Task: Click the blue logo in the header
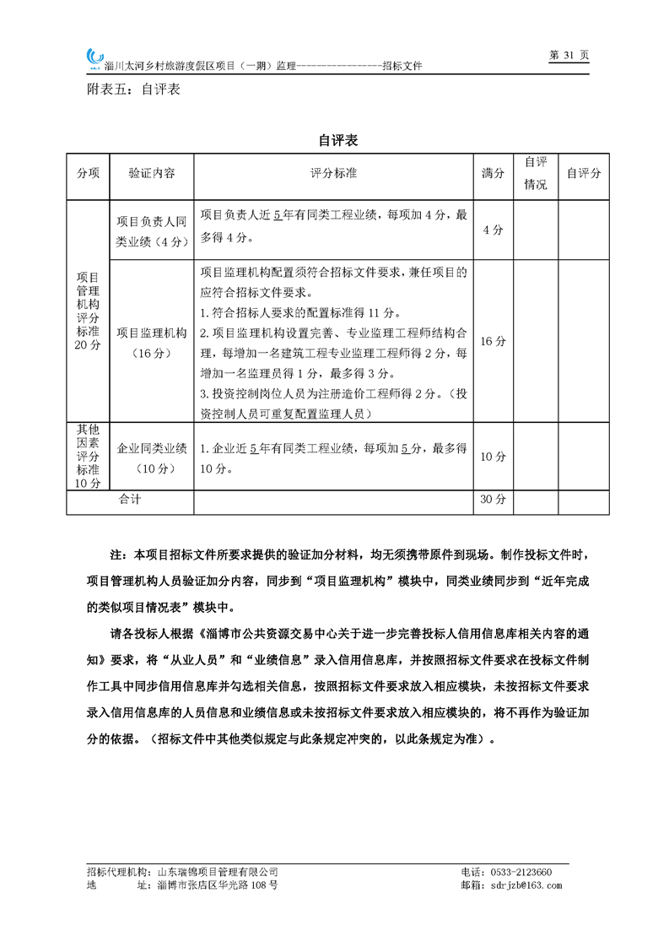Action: [x=94, y=57]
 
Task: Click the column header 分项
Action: [x=88, y=173]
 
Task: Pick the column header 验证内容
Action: [x=151, y=173]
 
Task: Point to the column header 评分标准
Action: [x=333, y=173]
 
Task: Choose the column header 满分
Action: [x=493, y=173]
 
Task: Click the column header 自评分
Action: [x=583, y=173]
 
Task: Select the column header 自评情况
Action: [x=536, y=173]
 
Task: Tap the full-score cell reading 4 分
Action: [x=493, y=230]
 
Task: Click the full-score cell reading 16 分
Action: [x=493, y=342]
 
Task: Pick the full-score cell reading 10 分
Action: [x=493, y=457]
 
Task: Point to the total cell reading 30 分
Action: [x=493, y=501]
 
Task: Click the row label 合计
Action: [x=130, y=501]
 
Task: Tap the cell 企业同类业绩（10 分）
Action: [x=151, y=457]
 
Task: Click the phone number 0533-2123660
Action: [x=519, y=872]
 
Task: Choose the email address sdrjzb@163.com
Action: [x=524, y=885]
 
